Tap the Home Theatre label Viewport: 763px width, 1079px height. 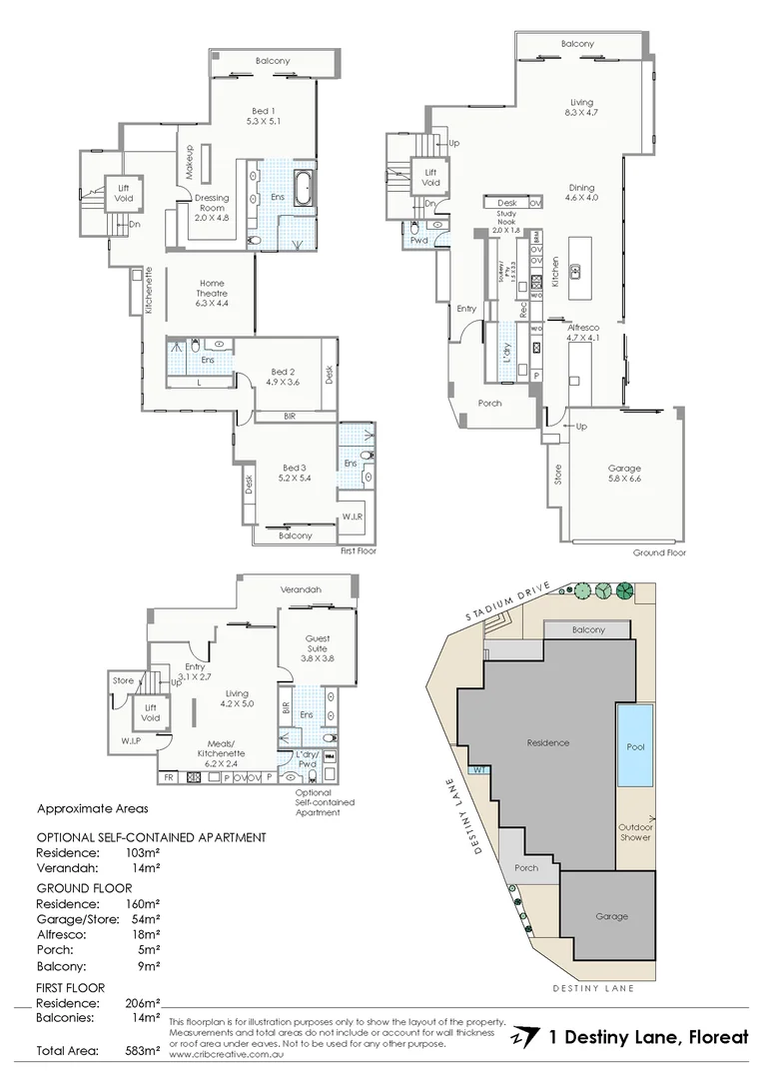click(212, 289)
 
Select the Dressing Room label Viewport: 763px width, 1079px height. click(211, 205)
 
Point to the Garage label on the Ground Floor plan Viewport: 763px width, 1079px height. click(624, 475)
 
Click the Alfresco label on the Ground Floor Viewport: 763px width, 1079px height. click(582, 332)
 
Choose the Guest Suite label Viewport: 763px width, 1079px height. click(318, 644)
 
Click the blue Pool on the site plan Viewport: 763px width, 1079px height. click(635, 745)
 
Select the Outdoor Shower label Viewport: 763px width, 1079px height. click(634, 831)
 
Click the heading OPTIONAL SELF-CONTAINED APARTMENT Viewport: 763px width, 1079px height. click(151, 837)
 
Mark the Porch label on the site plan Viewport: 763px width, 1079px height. click(525, 868)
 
